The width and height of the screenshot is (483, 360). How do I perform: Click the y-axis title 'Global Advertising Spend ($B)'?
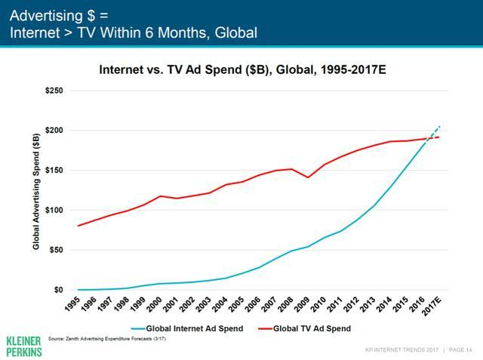click(35, 191)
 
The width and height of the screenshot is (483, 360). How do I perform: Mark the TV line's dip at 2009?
click(328, 177)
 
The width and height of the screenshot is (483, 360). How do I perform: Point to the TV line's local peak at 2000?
click(160, 196)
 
